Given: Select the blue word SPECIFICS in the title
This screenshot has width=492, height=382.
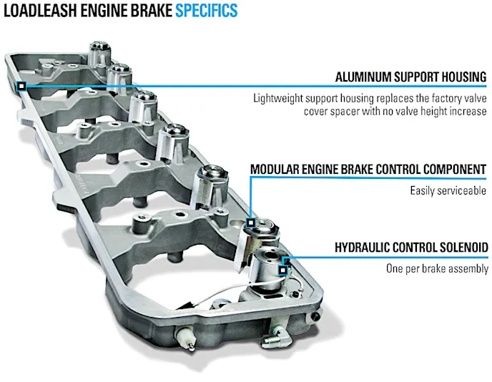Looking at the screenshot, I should (207, 11).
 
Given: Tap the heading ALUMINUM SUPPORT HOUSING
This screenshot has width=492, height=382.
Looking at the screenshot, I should (411, 77).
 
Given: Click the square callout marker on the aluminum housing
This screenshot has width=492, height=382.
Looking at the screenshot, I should (22, 87).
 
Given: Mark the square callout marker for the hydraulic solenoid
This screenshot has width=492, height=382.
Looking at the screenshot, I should (283, 270).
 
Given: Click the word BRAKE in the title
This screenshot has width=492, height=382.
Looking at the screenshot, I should (147, 11).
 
